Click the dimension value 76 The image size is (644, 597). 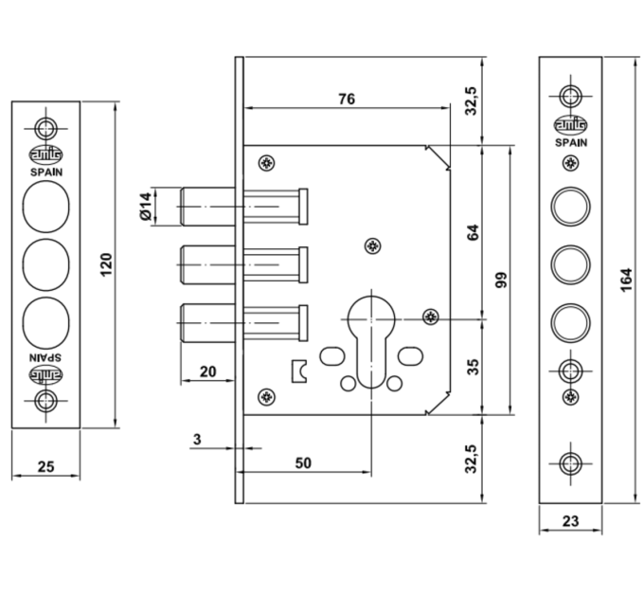click(x=347, y=99)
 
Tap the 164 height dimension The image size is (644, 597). click(x=625, y=280)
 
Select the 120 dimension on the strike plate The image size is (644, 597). click(x=106, y=265)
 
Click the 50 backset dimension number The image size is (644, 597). click(x=303, y=463)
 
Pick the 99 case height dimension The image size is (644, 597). click(x=501, y=280)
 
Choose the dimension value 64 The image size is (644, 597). click(x=474, y=232)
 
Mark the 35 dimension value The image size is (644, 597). click(x=474, y=367)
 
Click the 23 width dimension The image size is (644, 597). click(x=570, y=521)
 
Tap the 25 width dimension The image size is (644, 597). click(x=45, y=467)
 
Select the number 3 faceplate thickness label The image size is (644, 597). click(x=197, y=440)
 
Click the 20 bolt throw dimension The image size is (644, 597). click(x=207, y=371)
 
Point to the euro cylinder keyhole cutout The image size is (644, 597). click(x=371, y=342)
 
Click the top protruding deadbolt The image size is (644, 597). click(x=207, y=207)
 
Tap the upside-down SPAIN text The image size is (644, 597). click(x=46, y=356)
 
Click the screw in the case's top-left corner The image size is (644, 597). click(x=266, y=164)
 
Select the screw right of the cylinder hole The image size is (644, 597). click(x=431, y=316)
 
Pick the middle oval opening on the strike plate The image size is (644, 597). click(x=45, y=265)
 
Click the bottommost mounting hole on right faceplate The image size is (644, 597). click(x=570, y=463)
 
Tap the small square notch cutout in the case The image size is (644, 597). click(x=298, y=371)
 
